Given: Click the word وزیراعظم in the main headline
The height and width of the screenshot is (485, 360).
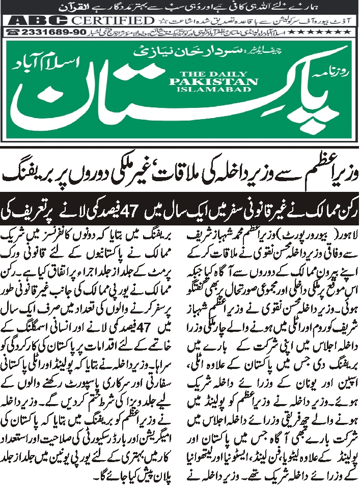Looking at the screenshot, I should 317,173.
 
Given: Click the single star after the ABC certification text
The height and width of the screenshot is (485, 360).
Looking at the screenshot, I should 162,21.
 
